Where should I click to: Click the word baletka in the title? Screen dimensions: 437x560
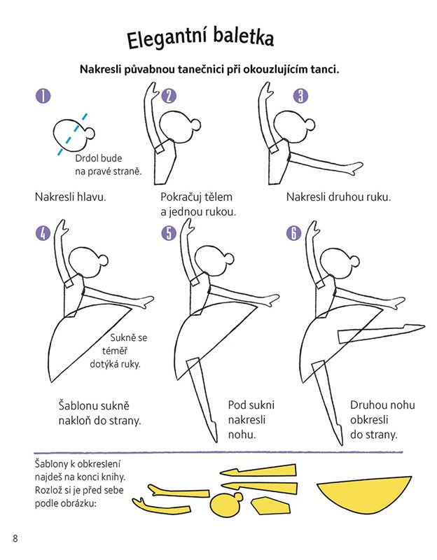(243, 37)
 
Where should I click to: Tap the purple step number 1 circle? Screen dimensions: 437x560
(43, 96)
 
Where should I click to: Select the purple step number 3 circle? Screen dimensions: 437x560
(300, 96)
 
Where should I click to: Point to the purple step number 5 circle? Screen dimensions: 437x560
(169, 233)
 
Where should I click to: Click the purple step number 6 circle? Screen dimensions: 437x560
(293, 233)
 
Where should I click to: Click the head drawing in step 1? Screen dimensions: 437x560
(74, 134)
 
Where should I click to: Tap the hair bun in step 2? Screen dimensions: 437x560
(195, 125)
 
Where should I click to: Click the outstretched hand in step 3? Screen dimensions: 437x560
(356, 167)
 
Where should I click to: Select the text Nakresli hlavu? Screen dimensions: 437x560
(71, 197)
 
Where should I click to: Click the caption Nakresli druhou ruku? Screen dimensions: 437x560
(338, 197)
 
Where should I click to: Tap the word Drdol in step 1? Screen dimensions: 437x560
(86, 158)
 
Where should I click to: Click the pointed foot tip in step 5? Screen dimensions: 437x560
(215, 439)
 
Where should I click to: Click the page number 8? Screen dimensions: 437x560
(15, 538)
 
